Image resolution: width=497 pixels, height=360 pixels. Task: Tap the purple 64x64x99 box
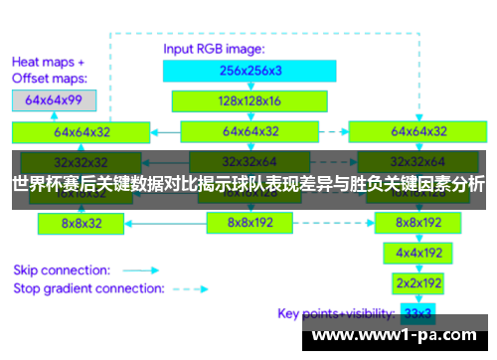click(x=54, y=99)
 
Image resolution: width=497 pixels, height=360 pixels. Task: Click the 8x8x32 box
click(x=81, y=224)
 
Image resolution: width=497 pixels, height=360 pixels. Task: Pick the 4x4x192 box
click(x=417, y=253)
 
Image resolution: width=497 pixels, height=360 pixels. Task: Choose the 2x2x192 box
click(x=417, y=283)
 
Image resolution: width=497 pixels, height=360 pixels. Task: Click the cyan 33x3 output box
click(x=417, y=314)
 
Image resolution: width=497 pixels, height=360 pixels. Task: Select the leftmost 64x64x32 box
click(x=82, y=131)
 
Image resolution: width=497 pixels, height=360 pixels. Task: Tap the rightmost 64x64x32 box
click(x=417, y=131)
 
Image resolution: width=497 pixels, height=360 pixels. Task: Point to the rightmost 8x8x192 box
click(x=417, y=224)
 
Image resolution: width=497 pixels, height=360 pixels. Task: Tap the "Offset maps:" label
click(x=49, y=78)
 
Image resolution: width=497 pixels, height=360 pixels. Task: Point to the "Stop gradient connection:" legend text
click(x=88, y=289)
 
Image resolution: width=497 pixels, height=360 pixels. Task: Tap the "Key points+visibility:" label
click(x=336, y=314)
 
